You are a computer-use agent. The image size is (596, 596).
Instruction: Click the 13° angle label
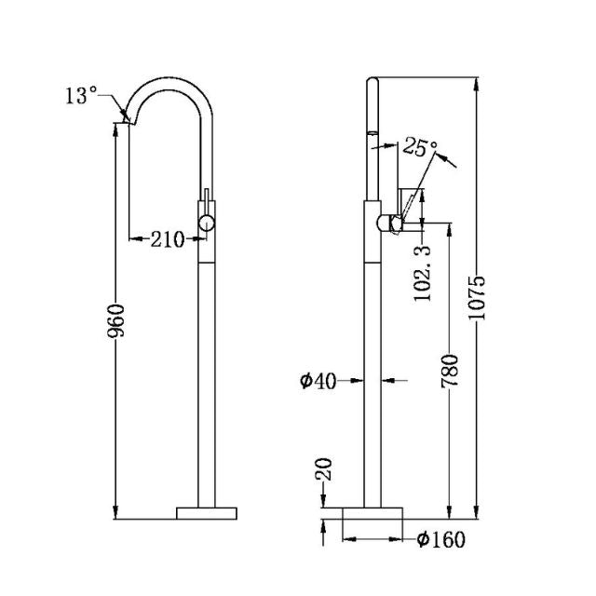(x=80, y=95)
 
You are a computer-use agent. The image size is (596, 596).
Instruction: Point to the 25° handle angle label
(x=420, y=147)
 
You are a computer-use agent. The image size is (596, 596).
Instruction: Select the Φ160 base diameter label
(x=441, y=539)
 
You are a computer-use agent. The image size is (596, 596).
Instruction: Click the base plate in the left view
(x=207, y=512)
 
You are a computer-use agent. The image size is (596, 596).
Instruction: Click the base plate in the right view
(x=373, y=512)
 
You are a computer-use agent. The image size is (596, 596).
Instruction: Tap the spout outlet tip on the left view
(x=125, y=117)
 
